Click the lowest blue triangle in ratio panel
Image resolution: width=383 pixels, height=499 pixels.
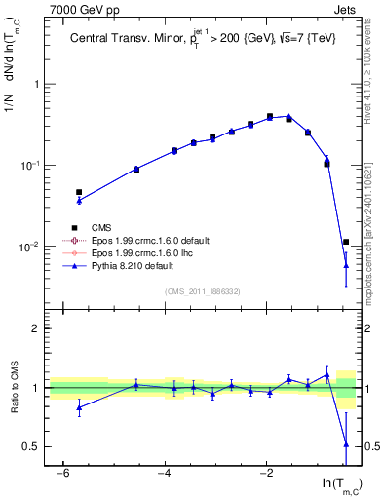pyautogui.click(x=346, y=444)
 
